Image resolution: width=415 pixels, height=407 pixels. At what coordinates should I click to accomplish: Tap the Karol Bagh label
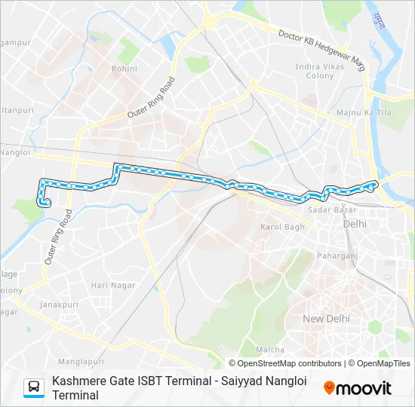pos(282,227)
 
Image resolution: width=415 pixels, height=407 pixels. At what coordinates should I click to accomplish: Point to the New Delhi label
pos(327,319)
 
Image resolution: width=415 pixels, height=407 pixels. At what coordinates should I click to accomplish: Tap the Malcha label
pos(270,350)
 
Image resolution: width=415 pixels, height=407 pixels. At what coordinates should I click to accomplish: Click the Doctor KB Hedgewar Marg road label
pos(321,51)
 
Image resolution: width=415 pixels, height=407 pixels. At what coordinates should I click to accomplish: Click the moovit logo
pos(358,388)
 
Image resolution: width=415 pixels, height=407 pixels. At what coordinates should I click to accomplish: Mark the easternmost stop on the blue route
pos(374,184)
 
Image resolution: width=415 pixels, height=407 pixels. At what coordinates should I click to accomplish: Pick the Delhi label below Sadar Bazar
pos(354,224)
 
